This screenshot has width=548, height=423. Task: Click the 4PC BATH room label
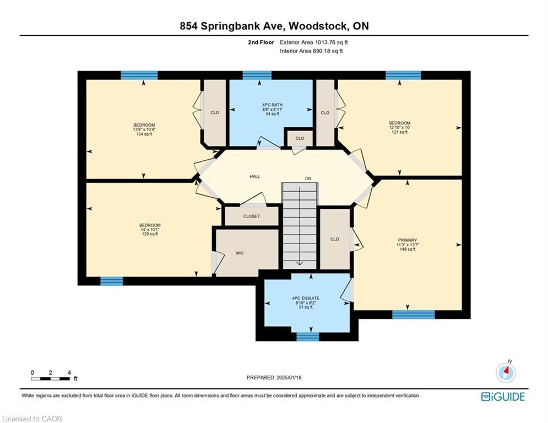[272, 105]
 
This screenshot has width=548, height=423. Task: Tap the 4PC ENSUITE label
[306, 298]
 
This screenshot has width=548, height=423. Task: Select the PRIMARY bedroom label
[407, 240]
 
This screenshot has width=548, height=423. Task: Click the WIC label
[240, 253]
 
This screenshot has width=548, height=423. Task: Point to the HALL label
[255, 177]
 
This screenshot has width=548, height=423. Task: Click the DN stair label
[308, 178]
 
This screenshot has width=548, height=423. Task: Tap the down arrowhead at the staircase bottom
[300, 263]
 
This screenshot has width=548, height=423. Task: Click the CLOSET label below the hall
[252, 216]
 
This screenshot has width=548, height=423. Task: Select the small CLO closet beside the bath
[300, 138]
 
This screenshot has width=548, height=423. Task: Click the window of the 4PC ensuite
[307, 337]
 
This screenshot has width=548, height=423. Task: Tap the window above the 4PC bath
[257, 75]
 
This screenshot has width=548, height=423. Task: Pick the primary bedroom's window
[413, 314]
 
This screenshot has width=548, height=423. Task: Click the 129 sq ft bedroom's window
[111, 281]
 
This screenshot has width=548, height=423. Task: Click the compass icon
[506, 373]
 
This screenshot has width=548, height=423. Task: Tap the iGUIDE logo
[503, 397]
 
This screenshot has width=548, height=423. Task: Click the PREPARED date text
[274, 377]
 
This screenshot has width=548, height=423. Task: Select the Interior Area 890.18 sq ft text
[311, 51]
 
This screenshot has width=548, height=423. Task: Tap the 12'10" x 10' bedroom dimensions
[399, 128]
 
